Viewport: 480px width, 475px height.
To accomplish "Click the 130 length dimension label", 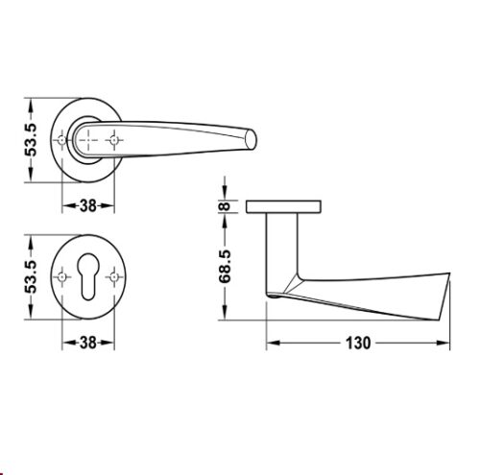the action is coord(358,343).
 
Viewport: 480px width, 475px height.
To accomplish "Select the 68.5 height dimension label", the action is coord(225,267).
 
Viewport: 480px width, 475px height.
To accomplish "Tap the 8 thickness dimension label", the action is coord(226,206).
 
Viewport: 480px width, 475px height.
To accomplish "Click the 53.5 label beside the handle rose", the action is coord(32,140).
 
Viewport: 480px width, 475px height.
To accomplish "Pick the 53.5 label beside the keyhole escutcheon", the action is coord(32,277).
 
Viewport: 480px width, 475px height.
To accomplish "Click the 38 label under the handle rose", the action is coord(88,205).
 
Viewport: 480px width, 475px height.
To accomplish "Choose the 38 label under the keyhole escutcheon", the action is coord(88,343).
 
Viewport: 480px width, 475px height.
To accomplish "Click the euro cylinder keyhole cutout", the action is coord(88,276).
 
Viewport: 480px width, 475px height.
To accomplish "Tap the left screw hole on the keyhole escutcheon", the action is coord(61,277).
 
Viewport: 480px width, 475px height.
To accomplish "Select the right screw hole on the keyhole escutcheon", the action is coord(114,277).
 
